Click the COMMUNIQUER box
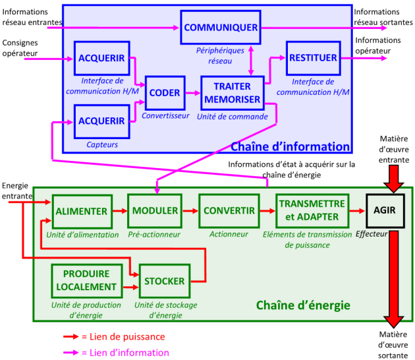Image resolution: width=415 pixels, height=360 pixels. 220,28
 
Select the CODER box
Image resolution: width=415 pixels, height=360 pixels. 164,93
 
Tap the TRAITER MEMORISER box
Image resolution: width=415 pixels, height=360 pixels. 232,93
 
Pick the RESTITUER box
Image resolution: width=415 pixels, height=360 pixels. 313,58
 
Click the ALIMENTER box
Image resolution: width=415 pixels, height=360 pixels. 82,211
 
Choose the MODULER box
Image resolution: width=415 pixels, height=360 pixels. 155,211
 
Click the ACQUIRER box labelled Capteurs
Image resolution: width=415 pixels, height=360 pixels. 101,121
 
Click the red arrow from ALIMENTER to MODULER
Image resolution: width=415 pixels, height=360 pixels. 119,211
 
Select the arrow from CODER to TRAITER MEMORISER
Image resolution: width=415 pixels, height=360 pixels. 192,93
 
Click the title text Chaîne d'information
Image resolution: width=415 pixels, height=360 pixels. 289,146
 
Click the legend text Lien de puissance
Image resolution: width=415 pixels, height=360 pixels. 123,336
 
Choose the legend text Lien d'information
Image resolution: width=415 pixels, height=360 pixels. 125,352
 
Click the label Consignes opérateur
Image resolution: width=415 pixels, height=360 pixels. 21,47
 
